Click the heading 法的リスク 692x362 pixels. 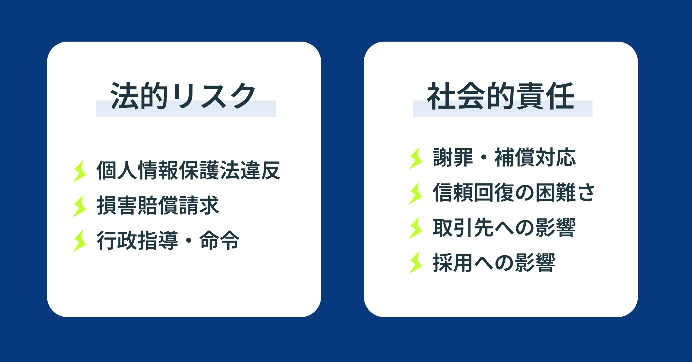coord(183,96)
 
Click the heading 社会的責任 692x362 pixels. coord(500,96)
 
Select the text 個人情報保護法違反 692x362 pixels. coord(188,170)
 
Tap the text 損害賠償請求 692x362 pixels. coord(158,205)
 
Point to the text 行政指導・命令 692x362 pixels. coord(168,240)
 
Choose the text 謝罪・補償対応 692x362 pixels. coord(504,157)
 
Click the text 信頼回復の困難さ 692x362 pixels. coord(514,192)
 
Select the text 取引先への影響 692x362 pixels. coord(504,227)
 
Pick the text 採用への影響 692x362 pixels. coord(494,262)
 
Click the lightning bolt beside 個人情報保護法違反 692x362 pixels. coord(79,172)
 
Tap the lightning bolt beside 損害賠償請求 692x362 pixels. coord(79,206)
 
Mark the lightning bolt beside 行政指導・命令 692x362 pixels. coord(79,241)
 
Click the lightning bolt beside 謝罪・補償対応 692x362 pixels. coord(416,159)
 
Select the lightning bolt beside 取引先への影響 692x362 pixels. coord(416,228)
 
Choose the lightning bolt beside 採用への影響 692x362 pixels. coord(416,263)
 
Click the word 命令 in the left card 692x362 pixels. coord(219,240)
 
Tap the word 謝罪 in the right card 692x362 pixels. coord(453,157)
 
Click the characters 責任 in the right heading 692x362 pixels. coord(545,96)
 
